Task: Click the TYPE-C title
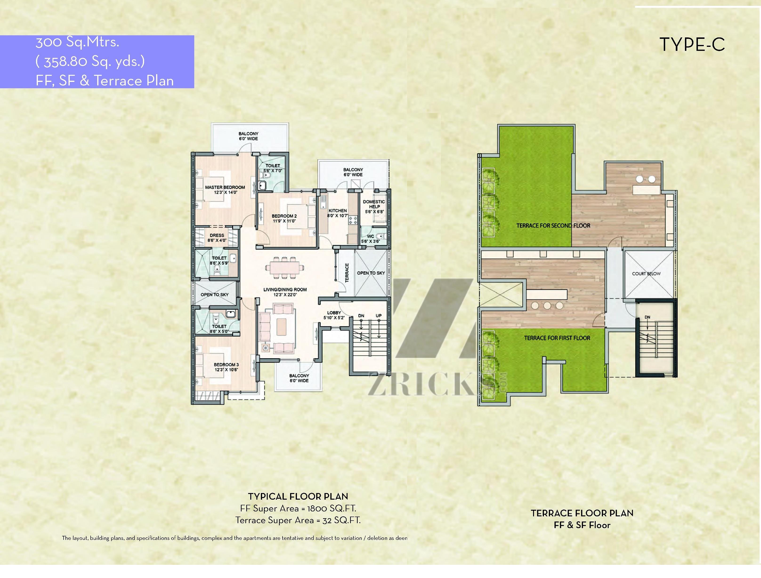[692, 45]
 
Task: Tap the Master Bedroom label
[225, 190]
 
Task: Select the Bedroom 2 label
[284, 218]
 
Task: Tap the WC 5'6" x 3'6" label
[370, 239]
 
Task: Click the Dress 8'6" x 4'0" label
[217, 238]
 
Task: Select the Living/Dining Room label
[285, 292]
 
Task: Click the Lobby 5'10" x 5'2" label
[334, 315]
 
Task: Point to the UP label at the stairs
[379, 316]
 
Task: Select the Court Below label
[646, 273]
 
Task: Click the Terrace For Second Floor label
[553, 226]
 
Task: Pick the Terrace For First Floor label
[557, 338]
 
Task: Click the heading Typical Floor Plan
[298, 497]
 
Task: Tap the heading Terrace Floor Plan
[582, 513]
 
